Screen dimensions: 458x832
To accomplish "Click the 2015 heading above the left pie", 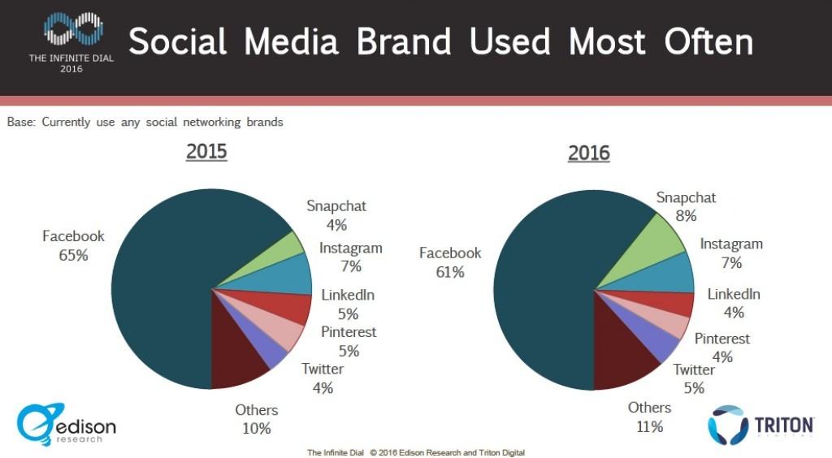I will (x=206, y=152).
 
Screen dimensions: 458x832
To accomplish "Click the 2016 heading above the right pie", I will (x=589, y=153).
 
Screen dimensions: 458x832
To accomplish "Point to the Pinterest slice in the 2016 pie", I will (x=674, y=326).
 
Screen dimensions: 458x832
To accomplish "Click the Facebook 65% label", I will (x=73, y=245).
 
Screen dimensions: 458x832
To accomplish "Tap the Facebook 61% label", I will (x=450, y=262).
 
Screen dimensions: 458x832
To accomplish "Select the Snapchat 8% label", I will (x=686, y=206).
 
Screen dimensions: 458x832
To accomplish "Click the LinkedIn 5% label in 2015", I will (x=348, y=305).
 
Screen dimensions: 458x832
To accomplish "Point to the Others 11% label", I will (x=649, y=417).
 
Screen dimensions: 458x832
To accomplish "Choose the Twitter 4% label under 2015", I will (x=323, y=378).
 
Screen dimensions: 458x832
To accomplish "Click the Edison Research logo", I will (x=67, y=426).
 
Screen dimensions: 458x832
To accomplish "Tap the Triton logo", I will (x=760, y=426).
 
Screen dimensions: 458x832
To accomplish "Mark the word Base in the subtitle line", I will (x=21, y=123).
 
